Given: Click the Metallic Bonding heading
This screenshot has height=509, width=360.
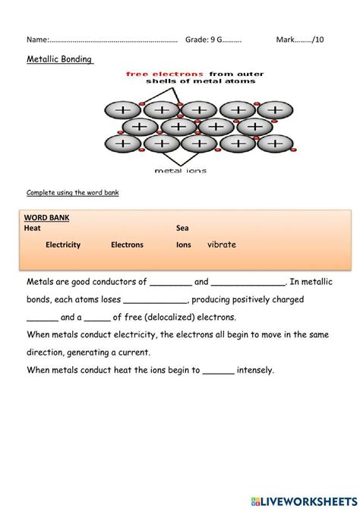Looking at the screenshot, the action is (60, 59).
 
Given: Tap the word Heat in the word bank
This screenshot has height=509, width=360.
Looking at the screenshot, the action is (32, 228).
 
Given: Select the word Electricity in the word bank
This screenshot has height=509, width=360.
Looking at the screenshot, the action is (63, 245).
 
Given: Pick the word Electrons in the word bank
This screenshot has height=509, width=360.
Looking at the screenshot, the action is (127, 245).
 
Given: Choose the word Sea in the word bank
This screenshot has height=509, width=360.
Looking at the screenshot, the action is (182, 228).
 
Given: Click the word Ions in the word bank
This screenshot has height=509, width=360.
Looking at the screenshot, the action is (183, 245).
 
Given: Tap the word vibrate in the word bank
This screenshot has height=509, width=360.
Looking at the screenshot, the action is (222, 244).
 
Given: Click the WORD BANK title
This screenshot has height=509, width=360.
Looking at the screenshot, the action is (46, 217).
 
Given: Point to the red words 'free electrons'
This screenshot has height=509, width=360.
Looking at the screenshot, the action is (165, 74).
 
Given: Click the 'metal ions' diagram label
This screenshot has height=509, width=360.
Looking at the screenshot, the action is (181, 170).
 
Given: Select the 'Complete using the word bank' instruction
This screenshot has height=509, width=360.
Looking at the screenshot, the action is (73, 192).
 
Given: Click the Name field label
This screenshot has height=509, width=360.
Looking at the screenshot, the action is (38, 40).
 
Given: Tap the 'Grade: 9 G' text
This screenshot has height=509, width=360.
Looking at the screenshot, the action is (204, 40).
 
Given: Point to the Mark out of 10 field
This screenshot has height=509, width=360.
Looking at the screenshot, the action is (300, 40).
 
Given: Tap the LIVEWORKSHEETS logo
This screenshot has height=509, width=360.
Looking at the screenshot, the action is (304, 501).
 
